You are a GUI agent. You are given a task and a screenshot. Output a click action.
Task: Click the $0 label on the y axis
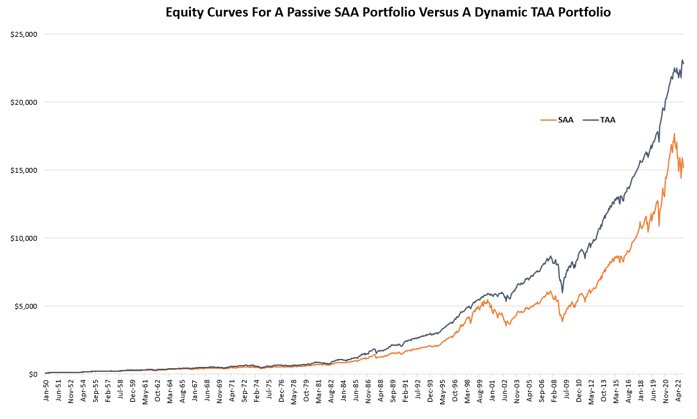tap(32, 374)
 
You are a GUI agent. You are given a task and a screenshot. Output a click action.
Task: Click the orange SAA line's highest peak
tap(674, 134)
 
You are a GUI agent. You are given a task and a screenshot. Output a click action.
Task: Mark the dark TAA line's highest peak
tap(682, 60)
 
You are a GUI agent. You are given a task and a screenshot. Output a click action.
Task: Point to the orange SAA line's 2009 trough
tap(562, 321)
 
